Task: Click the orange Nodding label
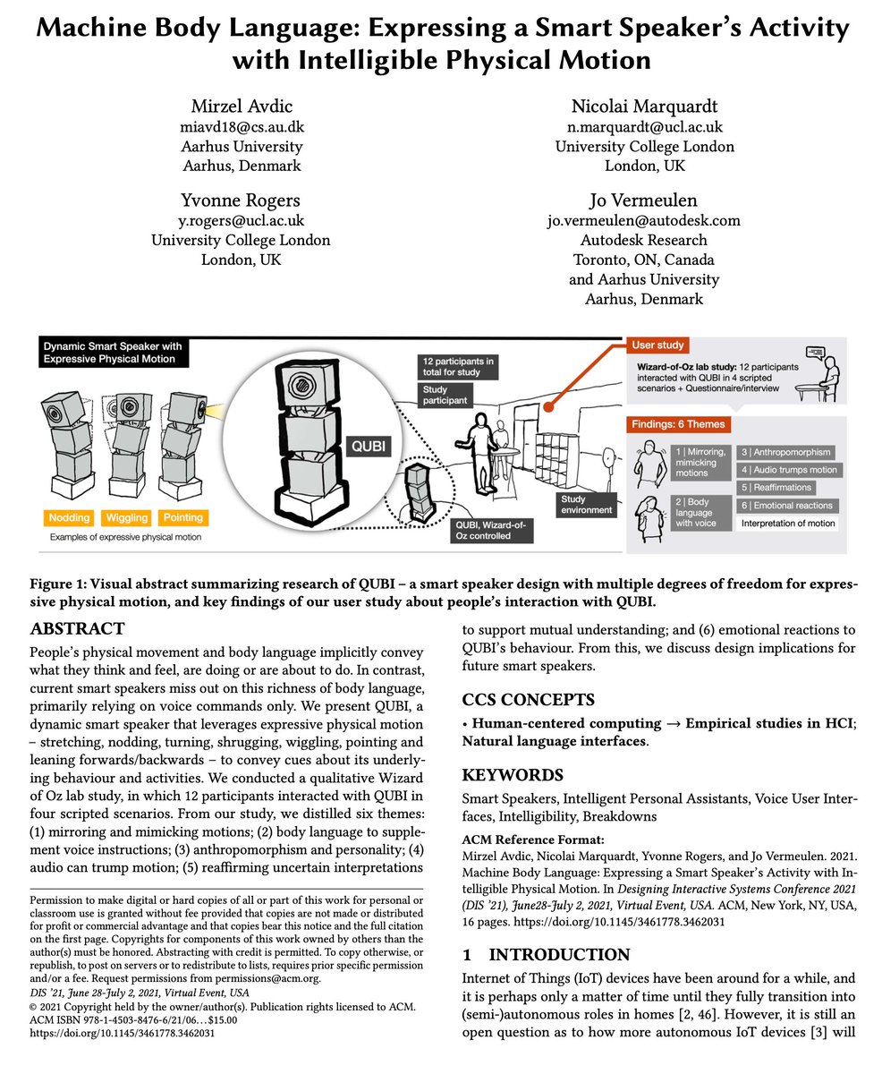point(69,517)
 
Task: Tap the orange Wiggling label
point(126,517)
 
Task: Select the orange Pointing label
point(182,517)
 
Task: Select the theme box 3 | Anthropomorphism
point(786,452)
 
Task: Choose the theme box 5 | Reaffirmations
point(776,488)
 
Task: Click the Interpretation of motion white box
point(786,524)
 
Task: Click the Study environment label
point(587,504)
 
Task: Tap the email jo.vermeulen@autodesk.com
point(644,220)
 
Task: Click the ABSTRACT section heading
point(77,628)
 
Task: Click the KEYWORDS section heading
point(512,774)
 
